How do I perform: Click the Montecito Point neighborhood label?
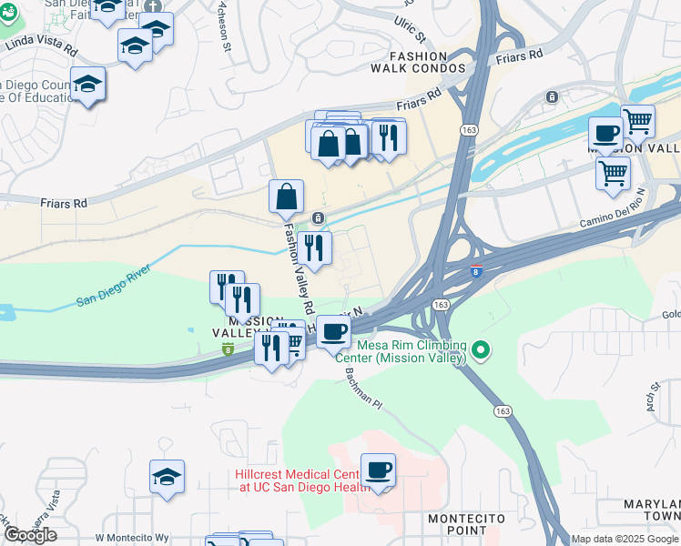click(466, 523)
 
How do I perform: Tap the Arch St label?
click(654, 397)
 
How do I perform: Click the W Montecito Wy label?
click(132, 538)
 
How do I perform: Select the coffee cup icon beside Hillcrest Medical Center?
click(378, 470)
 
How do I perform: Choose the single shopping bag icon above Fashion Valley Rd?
click(286, 196)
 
